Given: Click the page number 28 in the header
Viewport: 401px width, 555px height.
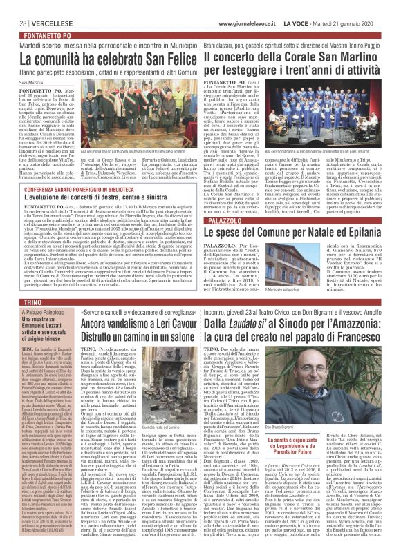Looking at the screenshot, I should (14, 6).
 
